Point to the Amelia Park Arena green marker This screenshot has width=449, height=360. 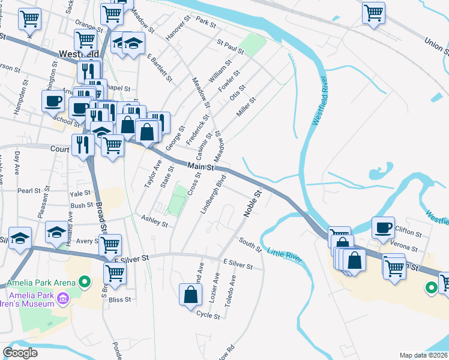click(85, 281)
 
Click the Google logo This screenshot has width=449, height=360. click(20, 353)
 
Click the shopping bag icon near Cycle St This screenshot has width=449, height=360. click(190, 294)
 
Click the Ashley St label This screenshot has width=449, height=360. click(154, 222)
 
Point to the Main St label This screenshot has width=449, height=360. click(200, 167)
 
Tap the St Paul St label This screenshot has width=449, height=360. click(231, 47)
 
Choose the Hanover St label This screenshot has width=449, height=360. click(178, 28)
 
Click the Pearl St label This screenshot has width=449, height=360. click(28, 191)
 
